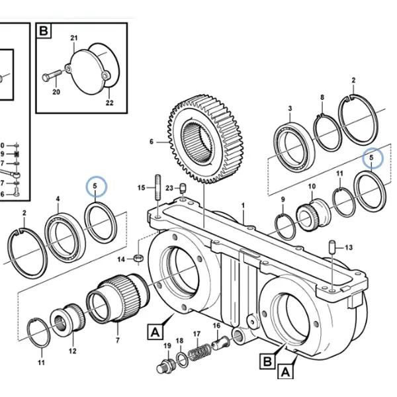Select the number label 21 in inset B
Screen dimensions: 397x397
coord(74,38)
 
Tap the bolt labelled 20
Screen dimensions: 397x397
coord(52,75)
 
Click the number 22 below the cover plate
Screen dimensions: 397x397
coord(110,103)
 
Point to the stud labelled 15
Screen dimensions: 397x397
coord(158,187)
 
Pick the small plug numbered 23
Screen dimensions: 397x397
coord(183,188)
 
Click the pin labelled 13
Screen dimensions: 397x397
coord(332,247)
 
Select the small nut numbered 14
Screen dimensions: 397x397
coord(138,258)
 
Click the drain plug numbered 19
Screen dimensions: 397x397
coord(165,366)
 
